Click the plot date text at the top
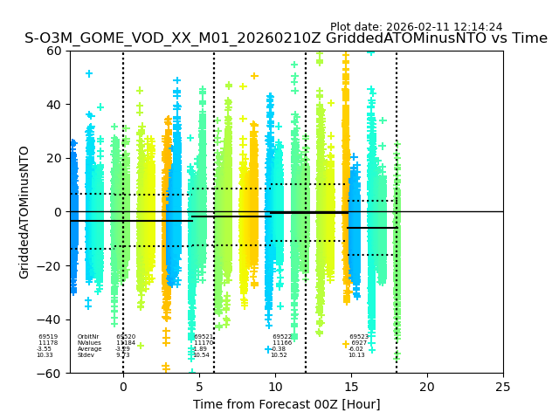click(416, 27)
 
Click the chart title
click(286, 38)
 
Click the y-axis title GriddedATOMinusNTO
click(24, 212)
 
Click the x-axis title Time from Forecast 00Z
click(286, 404)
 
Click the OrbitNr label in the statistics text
click(88, 337)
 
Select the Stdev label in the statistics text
click(86, 355)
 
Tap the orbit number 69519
click(48, 337)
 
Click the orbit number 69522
click(282, 337)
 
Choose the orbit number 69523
click(359, 337)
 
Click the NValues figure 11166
click(282, 343)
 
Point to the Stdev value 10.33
click(45, 355)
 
